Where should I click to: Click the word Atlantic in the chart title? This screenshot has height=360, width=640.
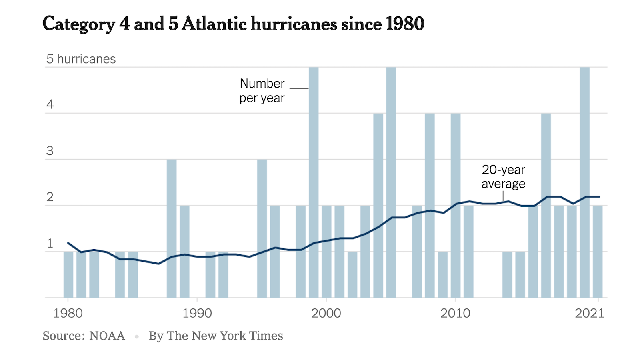click(x=214, y=24)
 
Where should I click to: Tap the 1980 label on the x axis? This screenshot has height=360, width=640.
click(x=68, y=313)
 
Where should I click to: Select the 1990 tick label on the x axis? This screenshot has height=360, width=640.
click(x=197, y=313)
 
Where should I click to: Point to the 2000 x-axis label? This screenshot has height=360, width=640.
click(x=326, y=313)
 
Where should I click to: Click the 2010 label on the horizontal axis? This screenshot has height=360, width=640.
click(x=455, y=313)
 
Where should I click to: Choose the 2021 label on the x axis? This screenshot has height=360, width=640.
click(x=590, y=313)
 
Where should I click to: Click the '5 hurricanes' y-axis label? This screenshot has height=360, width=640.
click(x=81, y=59)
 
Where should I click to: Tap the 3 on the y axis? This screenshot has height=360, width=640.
click(x=50, y=151)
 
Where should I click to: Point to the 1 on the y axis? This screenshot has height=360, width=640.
click(x=50, y=243)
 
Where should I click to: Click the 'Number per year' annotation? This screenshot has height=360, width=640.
click(x=262, y=91)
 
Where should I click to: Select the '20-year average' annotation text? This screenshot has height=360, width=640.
click(x=503, y=176)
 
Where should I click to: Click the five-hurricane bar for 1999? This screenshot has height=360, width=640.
click(x=314, y=182)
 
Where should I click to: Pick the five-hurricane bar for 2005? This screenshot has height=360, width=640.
click(x=391, y=182)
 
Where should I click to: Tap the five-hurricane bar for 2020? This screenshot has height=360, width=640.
click(x=585, y=182)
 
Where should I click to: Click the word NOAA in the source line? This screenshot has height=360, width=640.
click(x=107, y=336)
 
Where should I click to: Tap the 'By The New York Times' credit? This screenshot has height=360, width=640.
click(x=216, y=336)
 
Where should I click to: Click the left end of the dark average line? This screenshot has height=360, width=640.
click(x=68, y=243)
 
